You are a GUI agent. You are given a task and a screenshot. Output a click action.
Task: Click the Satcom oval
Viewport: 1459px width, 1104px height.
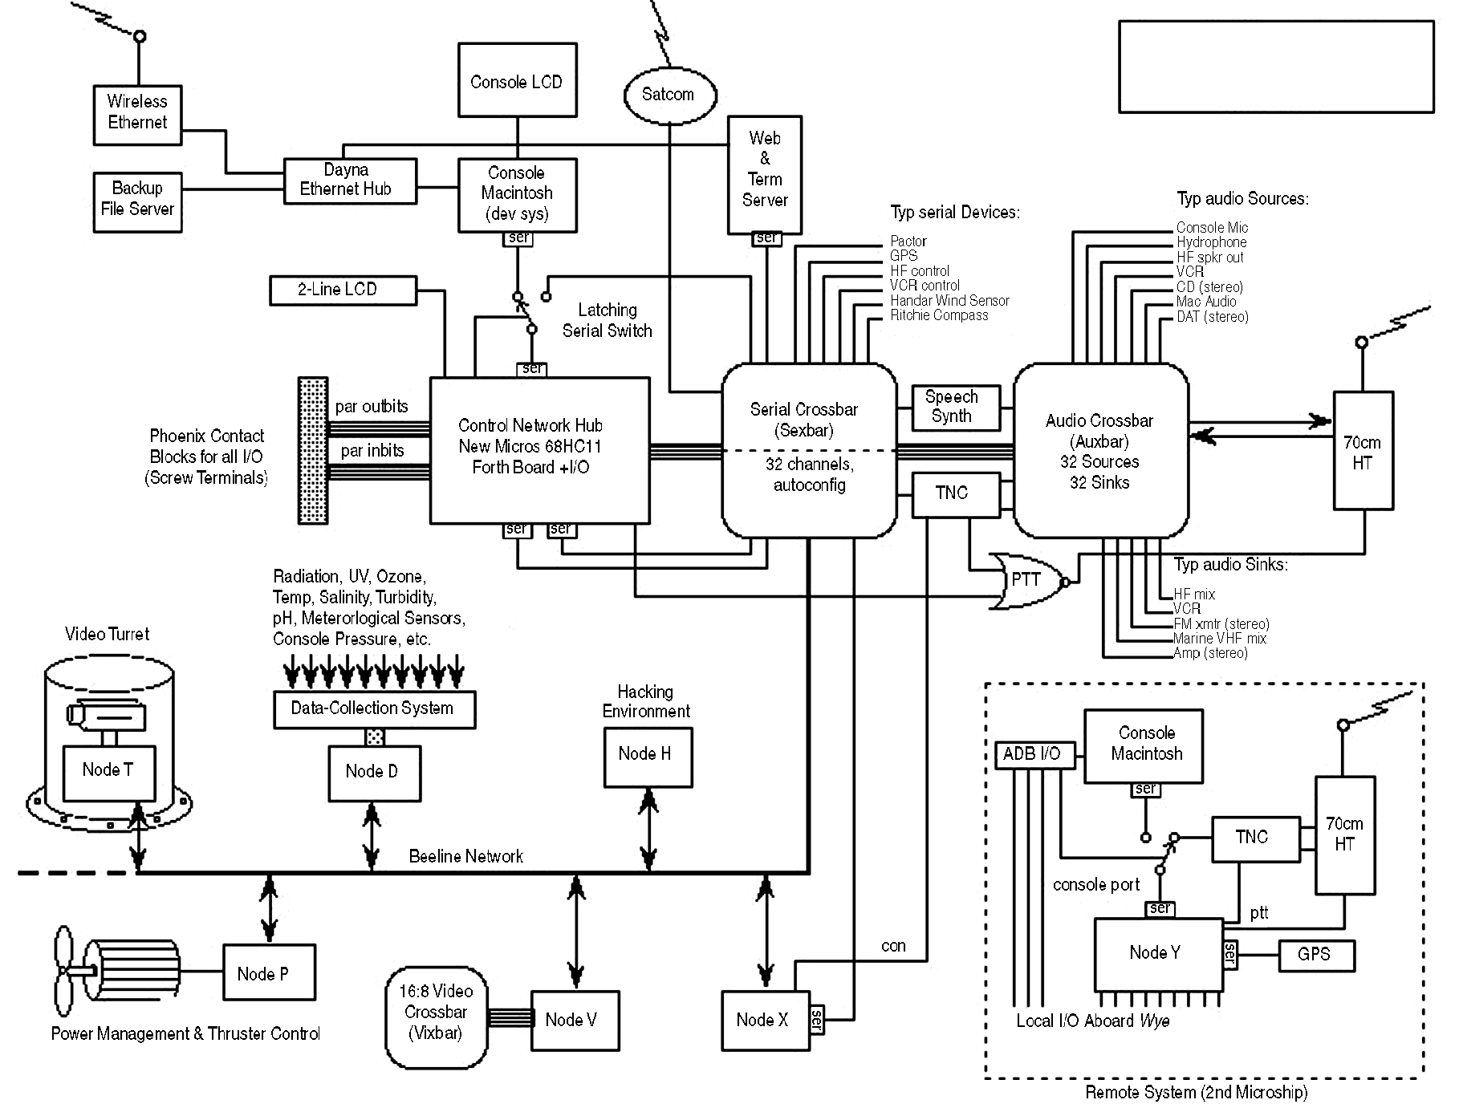[x=668, y=95]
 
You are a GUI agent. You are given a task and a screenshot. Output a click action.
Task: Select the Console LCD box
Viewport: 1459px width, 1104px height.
[x=517, y=80]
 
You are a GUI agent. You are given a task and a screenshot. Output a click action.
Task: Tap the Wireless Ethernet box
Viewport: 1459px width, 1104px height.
[x=137, y=112]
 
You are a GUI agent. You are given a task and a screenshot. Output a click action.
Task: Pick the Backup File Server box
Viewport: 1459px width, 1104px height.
[x=137, y=199]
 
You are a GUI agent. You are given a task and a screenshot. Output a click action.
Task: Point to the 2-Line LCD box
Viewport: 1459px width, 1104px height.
[x=343, y=290]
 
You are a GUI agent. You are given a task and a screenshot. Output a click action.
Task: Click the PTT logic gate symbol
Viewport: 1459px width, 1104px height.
[x=1026, y=580]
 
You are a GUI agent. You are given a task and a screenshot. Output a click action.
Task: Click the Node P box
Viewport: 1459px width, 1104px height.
[x=268, y=972]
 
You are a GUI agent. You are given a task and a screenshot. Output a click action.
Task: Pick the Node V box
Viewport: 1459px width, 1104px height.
[x=575, y=1020]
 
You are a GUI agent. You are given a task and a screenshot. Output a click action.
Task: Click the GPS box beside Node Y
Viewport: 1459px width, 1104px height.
[x=1315, y=955]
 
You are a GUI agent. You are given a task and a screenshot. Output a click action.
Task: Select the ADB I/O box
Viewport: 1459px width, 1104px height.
[x=1034, y=755]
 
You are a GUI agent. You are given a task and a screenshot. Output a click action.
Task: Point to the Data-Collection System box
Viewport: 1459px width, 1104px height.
[x=374, y=709]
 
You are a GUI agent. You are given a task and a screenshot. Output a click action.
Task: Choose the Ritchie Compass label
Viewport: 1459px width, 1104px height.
[x=939, y=316]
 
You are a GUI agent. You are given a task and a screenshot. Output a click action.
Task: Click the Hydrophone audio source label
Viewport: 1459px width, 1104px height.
[x=1211, y=242]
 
